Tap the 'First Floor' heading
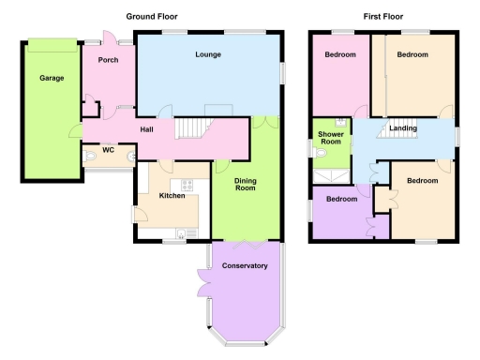(x=384, y=17)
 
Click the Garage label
(x=52, y=78)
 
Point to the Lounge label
(x=208, y=55)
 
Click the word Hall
(x=147, y=129)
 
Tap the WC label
(x=108, y=148)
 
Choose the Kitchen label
(x=172, y=196)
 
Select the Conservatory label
(x=245, y=266)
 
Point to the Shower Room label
(x=330, y=140)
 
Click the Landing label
(x=403, y=127)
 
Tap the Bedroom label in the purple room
(x=341, y=199)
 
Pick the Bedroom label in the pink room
(x=340, y=55)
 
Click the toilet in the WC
(x=90, y=158)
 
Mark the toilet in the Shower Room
(x=321, y=157)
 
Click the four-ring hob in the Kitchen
(x=187, y=184)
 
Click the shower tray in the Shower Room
(x=331, y=175)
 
